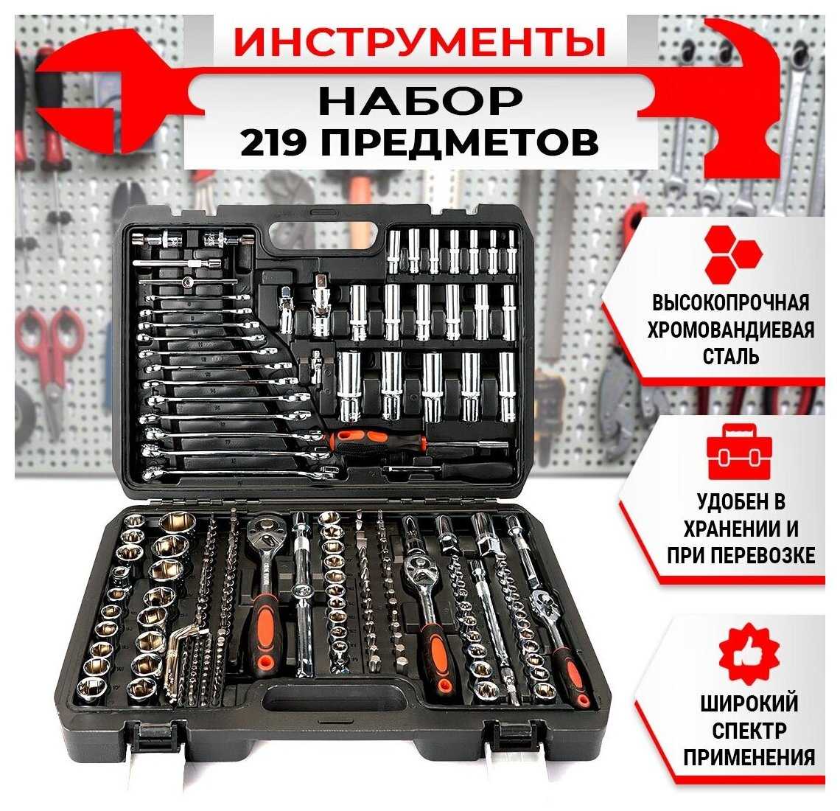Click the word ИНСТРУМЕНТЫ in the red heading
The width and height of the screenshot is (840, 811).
click(419, 42)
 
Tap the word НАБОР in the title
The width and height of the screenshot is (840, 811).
click(420, 100)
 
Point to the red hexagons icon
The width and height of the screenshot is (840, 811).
click(731, 254)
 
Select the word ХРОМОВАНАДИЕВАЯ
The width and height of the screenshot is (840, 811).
click(731, 330)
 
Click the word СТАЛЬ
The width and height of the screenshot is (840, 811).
click(731, 356)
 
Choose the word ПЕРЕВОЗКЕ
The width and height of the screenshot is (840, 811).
click(769, 555)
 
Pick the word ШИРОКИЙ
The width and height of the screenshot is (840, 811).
click(749, 703)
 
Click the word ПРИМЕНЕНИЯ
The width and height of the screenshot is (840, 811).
click(749, 758)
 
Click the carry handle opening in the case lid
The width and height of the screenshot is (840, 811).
click(326, 234)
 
